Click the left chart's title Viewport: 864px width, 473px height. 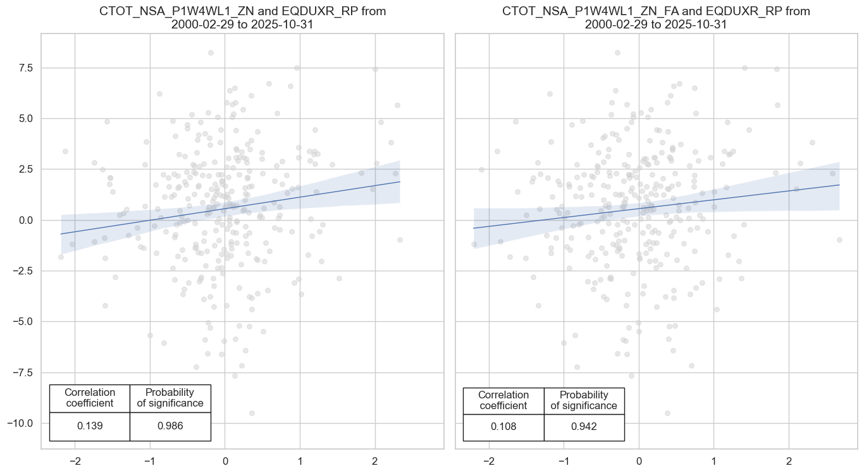pos(243,18)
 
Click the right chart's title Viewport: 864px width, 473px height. pos(656,18)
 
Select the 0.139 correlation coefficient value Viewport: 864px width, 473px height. pos(89,426)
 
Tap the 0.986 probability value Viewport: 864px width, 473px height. pos(170,426)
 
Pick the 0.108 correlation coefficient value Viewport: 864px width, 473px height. pos(503,426)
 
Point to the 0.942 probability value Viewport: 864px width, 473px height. pos(584,426)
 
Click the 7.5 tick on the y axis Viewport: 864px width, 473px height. pos(24,68)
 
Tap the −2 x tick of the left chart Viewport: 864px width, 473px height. pos(75,460)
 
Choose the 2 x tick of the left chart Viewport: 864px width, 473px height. pos(375,460)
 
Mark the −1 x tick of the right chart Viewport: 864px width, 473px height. pos(564,460)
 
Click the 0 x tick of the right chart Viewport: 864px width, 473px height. pos(639,460)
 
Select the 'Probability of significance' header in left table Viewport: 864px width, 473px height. pos(170,398)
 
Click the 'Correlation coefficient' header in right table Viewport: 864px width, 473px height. pos(503,400)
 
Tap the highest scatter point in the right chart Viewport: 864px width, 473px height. pos(617,52)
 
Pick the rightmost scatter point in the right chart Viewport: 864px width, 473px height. pos(839,240)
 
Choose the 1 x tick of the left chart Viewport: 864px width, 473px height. pos(300,460)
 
